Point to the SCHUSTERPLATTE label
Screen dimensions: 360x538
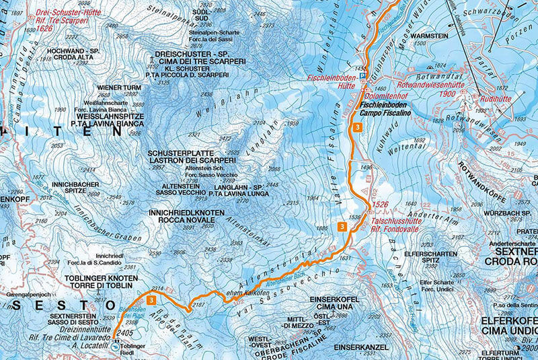coord(191,153)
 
